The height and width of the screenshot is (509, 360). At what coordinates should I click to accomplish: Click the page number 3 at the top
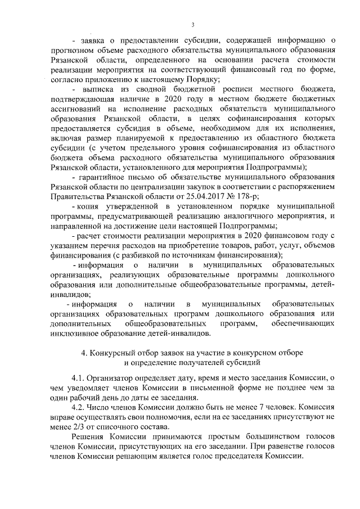(x=192, y=24)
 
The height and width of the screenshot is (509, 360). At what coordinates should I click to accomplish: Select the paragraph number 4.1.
(x=80, y=378)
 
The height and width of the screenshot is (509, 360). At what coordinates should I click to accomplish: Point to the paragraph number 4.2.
(x=80, y=406)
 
